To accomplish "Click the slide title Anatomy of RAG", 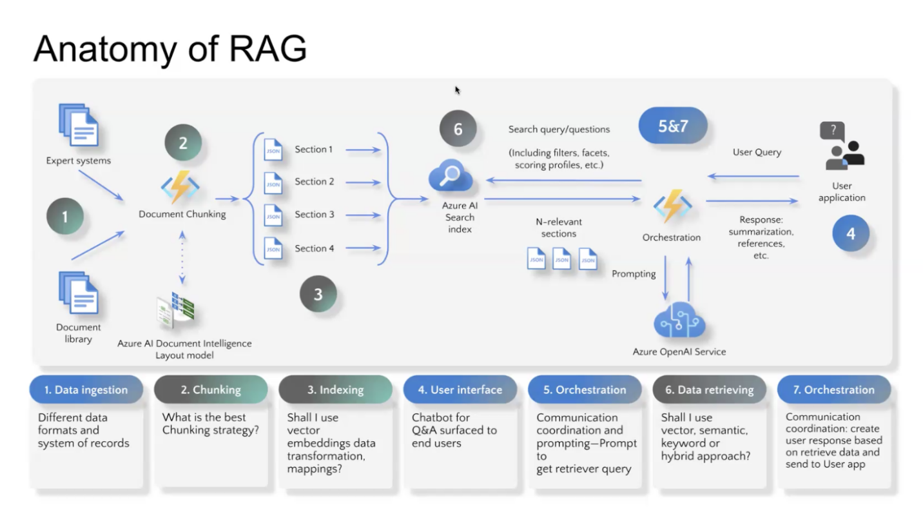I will click(170, 48).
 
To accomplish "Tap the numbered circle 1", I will click(64, 217).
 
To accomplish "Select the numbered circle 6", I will click(458, 129).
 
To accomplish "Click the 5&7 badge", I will click(673, 126).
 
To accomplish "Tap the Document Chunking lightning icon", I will click(180, 187).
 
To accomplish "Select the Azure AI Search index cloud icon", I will click(451, 177).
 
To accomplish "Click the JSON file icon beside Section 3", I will click(273, 215).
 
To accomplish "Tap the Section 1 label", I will click(314, 150).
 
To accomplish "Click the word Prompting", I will click(634, 273).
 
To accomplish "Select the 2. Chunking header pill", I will click(211, 390).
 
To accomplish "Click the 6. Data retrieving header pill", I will click(709, 390).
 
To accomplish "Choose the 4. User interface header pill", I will click(460, 390).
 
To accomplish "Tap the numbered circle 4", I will click(850, 233).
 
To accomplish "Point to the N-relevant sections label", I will click(558, 228).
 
